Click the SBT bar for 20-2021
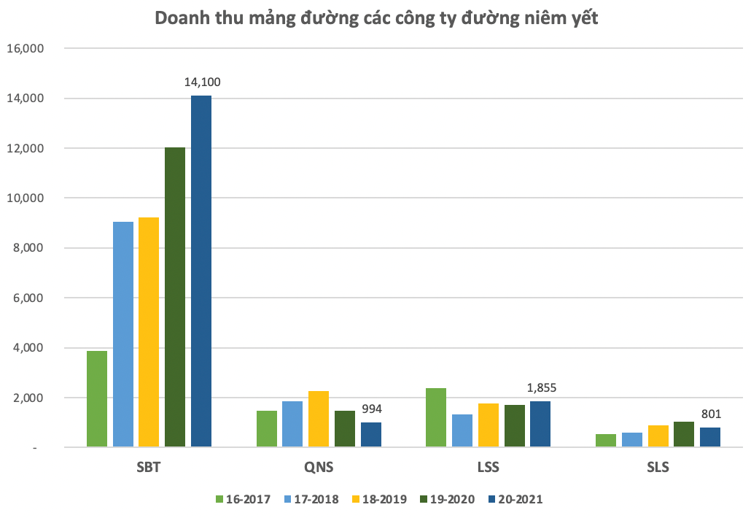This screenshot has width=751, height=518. (x=201, y=271)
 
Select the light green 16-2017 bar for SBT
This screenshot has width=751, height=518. (x=97, y=398)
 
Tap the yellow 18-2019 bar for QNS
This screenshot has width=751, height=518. (x=319, y=419)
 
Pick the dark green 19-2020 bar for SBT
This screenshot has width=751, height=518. (x=175, y=297)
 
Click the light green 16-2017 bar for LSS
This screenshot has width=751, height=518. (x=436, y=417)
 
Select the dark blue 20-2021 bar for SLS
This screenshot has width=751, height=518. (x=710, y=437)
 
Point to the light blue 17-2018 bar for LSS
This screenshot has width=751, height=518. (x=462, y=430)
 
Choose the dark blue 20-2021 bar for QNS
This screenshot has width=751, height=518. (x=371, y=434)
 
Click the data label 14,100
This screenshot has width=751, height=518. (x=202, y=82)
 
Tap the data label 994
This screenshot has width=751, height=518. (x=372, y=409)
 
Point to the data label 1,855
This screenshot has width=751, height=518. (x=541, y=388)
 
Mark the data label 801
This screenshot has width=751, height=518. (x=710, y=414)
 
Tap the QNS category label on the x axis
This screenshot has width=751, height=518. (x=319, y=467)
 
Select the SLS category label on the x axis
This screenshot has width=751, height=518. (x=658, y=467)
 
